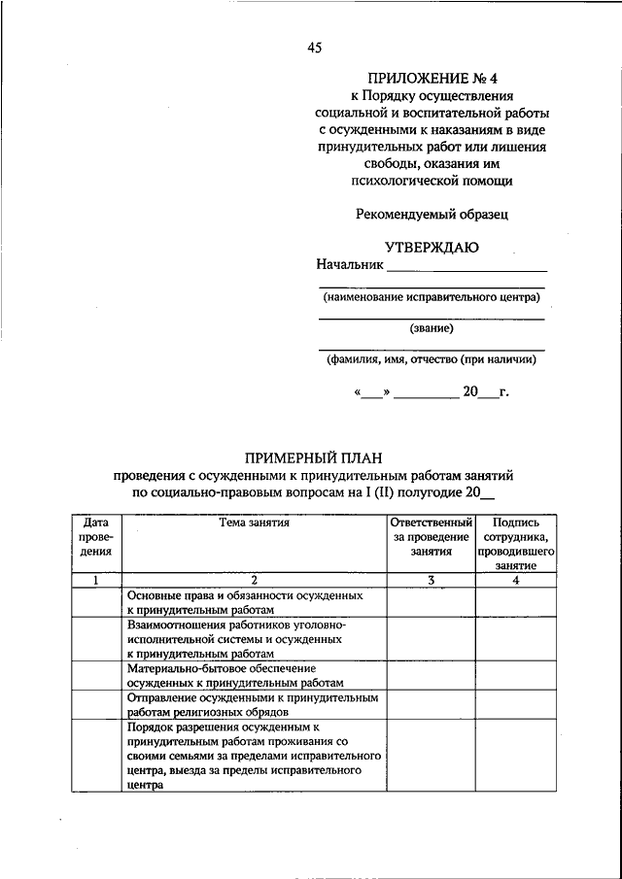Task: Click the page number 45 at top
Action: click(x=314, y=47)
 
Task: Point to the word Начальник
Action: click(x=350, y=265)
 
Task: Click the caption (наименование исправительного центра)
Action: click(x=432, y=297)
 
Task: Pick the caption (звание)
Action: click(x=432, y=327)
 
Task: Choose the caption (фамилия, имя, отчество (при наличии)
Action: click(x=432, y=358)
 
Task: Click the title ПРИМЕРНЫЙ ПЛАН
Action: click(x=315, y=457)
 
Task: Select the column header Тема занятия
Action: click(x=254, y=523)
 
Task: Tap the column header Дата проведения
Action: click(x=96, y=536)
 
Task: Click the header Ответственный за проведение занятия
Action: click(x=432, y=536)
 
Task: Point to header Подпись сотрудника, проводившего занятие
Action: click(x=516, y=543)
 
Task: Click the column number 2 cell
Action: click(x=254, y=580)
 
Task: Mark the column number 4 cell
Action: click(x=516, y=580)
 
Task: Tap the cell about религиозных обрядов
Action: click(x=253, y=704)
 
